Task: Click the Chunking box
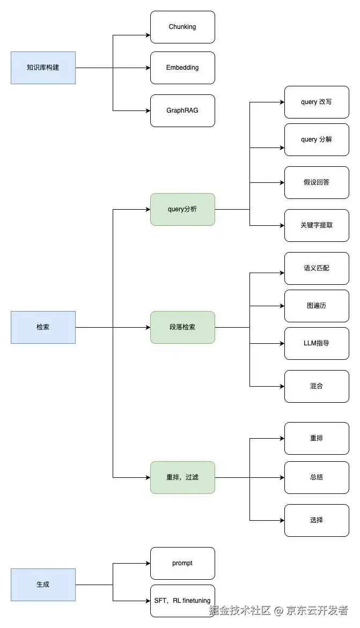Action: (x=182, y=27)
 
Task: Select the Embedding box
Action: (x=182, y=68)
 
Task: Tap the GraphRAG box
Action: (x=182, y=110)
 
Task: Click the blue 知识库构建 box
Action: (x=43, y=68)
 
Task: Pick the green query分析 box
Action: (x=182, y=209)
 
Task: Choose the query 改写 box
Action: (x=317, y=102)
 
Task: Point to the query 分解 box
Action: (x=317, y=139)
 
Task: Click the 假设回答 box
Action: (x=317, y=182)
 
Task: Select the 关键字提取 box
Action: (x=317, y=225)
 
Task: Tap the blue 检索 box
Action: (x=43, y=327)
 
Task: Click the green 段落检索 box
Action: (x=182, y=327)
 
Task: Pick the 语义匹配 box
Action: (x=317, y=268)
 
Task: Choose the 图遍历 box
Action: (x=317, y=306)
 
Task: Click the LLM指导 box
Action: (x=317, y=343)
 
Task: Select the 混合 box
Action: (x=317, y=386)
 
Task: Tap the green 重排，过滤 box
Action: (x=182, y=477)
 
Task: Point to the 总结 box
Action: (x=317, y=477)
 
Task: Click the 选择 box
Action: (x=317, y=520)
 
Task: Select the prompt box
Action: (x=182, y=563)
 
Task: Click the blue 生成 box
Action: (x=43, y=585)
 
